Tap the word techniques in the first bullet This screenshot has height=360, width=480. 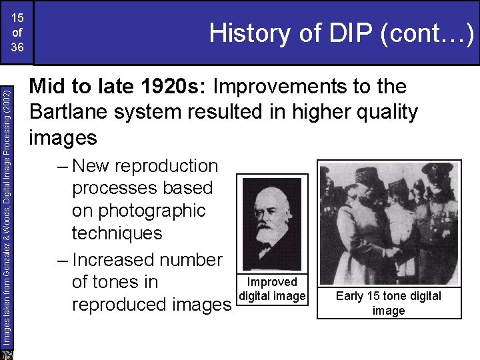[x=117, y=233]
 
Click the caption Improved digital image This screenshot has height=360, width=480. [x=272, y=289]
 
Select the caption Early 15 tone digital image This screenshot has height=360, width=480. [x=389, y=303]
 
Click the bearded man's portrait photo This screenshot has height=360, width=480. [x=271, y=223]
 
